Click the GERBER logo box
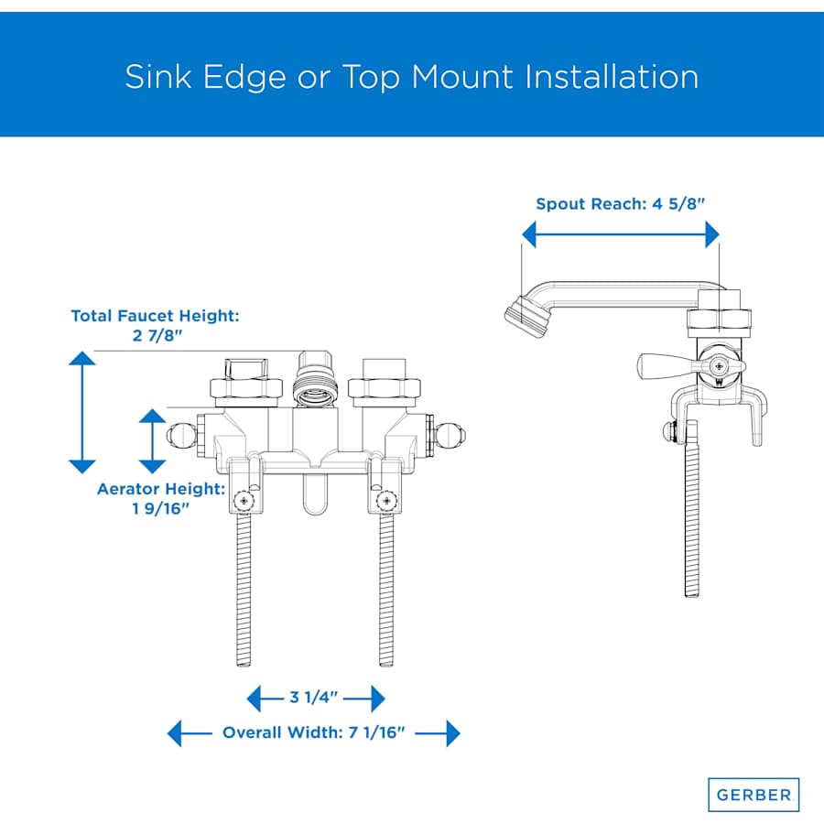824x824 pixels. [754, 794]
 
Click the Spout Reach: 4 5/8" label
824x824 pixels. [620, 204]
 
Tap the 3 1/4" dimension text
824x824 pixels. [313, 698]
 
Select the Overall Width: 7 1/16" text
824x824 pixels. [314, 732]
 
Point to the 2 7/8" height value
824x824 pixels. [157, 335]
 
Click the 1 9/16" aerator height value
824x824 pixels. [160, 508]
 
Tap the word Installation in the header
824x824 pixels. [612, 77]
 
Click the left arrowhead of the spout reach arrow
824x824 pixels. [528, 234]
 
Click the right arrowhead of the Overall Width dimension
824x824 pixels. [453, 732]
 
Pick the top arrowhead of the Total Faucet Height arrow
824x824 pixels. [82, 358]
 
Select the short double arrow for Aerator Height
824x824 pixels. [152, 441]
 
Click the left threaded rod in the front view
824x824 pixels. [244, 590]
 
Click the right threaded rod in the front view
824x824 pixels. [386, 590]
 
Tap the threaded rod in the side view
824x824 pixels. [692, 509]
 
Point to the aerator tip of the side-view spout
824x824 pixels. [525, 317]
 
